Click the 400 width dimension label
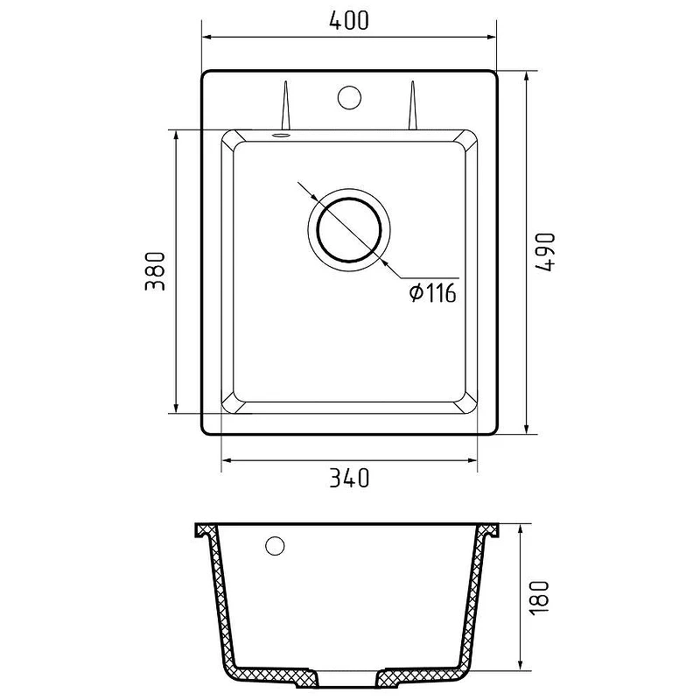pos(349,20)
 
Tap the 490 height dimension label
pos(545,252)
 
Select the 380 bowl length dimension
pos(156,271)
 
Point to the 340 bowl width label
pos(349,478)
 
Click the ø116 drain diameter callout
pos(432,293)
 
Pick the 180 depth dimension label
pos(539,598)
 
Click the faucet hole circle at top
pos(349,97)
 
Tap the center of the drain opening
pos(349,229)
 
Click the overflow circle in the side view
pos(275,545)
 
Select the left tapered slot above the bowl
pos(285,105)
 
